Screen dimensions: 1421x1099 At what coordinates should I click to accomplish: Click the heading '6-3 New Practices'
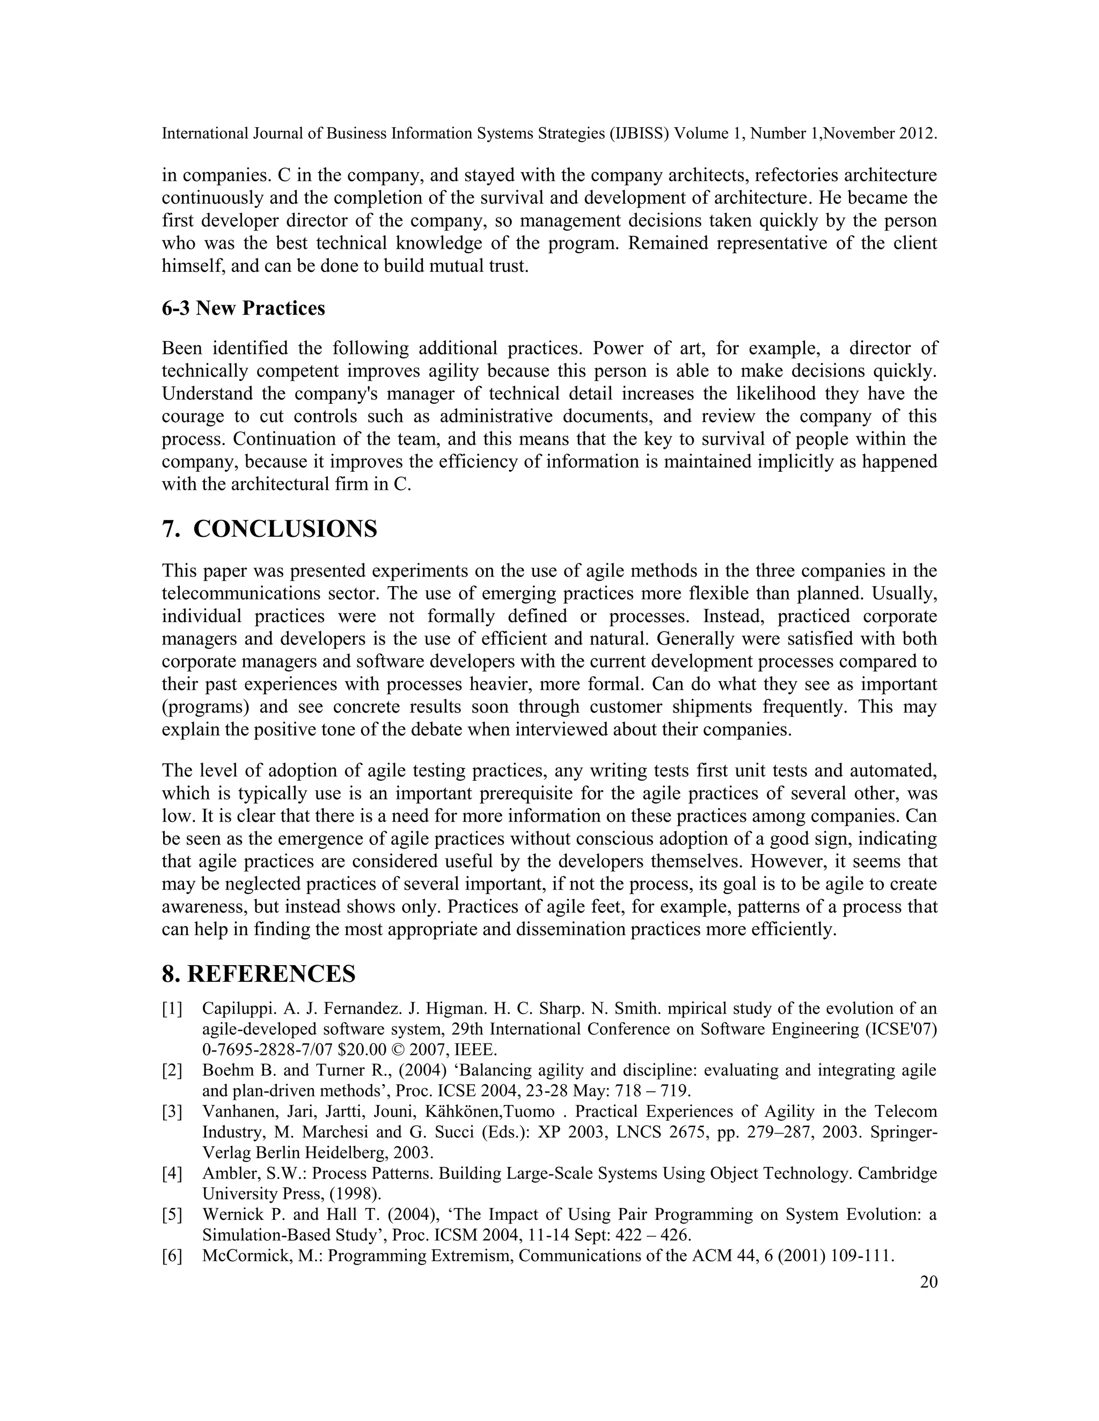click(243, 308)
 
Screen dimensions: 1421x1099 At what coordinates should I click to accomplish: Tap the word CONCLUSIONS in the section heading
click(285, 529)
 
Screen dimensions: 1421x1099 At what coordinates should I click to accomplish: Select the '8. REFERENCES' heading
click(259, 974)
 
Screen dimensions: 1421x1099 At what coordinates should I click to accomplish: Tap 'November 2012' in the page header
click(885, 134)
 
